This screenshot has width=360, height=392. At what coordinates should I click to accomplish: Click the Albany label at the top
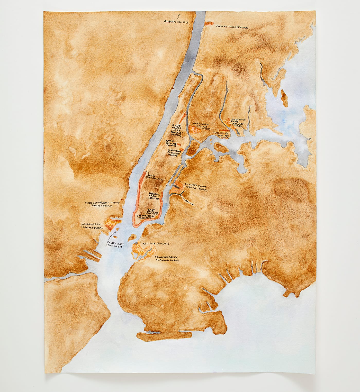point(176,22)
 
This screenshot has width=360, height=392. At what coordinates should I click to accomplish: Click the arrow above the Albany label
point(179,16)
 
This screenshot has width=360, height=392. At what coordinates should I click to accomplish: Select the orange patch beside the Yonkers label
point(209,24)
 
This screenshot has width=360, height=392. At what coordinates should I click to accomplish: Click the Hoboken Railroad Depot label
point(103,204)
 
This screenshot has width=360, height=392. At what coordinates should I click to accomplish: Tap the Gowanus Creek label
point(167,258)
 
